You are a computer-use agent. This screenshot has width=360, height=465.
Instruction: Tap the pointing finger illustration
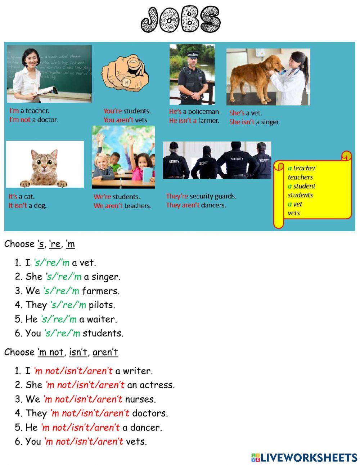(x=125, y=72)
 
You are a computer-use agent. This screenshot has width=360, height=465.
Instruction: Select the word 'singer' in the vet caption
(x=270, y=122)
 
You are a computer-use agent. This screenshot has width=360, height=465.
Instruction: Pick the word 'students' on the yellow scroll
(x=300, y=195)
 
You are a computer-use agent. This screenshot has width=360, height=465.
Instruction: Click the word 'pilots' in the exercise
(x=102, y=305)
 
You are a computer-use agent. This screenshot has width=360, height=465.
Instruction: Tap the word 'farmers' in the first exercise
(x=100, y=291)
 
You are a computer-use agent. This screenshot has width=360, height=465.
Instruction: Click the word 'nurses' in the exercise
(x=140, y=399)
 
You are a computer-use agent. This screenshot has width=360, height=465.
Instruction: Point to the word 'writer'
(x=138, y=371)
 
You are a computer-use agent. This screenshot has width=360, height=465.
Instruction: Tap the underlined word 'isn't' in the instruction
(x=78, y=352)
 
